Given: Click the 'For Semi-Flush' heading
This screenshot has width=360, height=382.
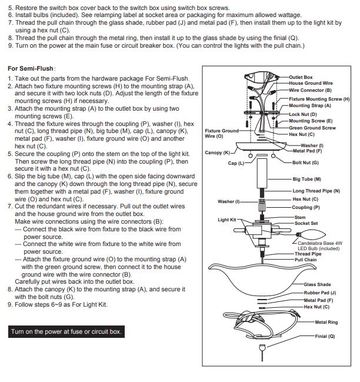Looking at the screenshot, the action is point(31,68).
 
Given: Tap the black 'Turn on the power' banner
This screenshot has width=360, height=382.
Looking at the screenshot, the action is point(66,331).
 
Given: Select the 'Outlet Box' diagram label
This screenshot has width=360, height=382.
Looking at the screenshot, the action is point(301,77).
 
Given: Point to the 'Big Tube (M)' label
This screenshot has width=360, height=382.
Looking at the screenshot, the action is point(306,179).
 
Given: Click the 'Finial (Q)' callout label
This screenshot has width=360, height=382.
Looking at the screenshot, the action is point(325,336).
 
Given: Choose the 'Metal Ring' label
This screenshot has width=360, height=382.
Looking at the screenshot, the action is point(326,322).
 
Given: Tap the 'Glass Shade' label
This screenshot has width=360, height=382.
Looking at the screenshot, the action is point(317,284).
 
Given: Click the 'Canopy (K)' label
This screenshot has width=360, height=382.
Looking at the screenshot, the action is point(217,152).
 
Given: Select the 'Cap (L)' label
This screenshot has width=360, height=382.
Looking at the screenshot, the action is point(236,163).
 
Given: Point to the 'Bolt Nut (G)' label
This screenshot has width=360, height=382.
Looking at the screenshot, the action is point(305,162).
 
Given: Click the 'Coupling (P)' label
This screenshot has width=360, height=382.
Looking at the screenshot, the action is point(306,207).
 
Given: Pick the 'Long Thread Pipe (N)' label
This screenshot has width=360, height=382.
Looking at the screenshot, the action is point(316,191).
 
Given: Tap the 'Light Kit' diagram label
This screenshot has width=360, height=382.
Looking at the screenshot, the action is point(227,220).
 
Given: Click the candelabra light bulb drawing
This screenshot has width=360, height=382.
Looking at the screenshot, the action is point(311,235).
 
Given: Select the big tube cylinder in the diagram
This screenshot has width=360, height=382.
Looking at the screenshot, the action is point(262,173).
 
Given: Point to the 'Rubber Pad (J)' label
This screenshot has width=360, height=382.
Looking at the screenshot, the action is point(320,293).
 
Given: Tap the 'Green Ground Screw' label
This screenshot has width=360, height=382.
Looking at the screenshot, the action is point(312,128).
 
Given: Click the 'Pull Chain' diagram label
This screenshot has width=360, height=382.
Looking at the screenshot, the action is point(305,260).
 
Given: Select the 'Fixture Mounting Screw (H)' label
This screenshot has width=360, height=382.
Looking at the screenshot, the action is point(319,99).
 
